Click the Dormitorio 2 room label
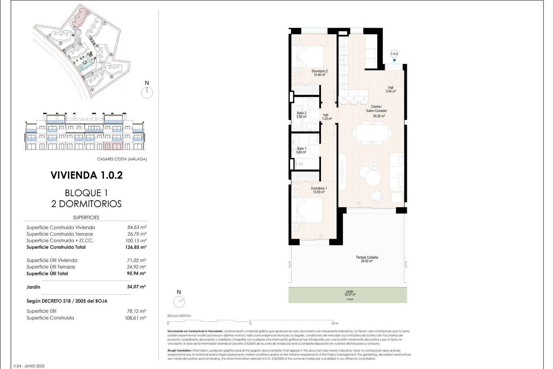[x=319, y=73]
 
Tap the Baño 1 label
[x=301, y=150]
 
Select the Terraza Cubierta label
[x=366, y=259]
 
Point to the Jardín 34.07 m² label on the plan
[x=350, y=293]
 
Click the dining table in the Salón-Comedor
[x=372, y=133]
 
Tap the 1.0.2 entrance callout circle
[x=394, y=54]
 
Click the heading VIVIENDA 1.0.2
[x=87, y=175]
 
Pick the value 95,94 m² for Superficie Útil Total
[x=136, y=274]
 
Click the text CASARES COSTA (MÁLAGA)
[x=122, y=159]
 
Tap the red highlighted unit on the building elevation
[x=113, y=146]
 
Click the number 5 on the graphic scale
[x=250, y=323]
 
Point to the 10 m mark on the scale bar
[x=335, y=323]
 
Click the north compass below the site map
[x=147, y=93]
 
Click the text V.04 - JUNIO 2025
[x=29, y=366]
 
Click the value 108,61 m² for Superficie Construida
[x=135, y=318]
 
